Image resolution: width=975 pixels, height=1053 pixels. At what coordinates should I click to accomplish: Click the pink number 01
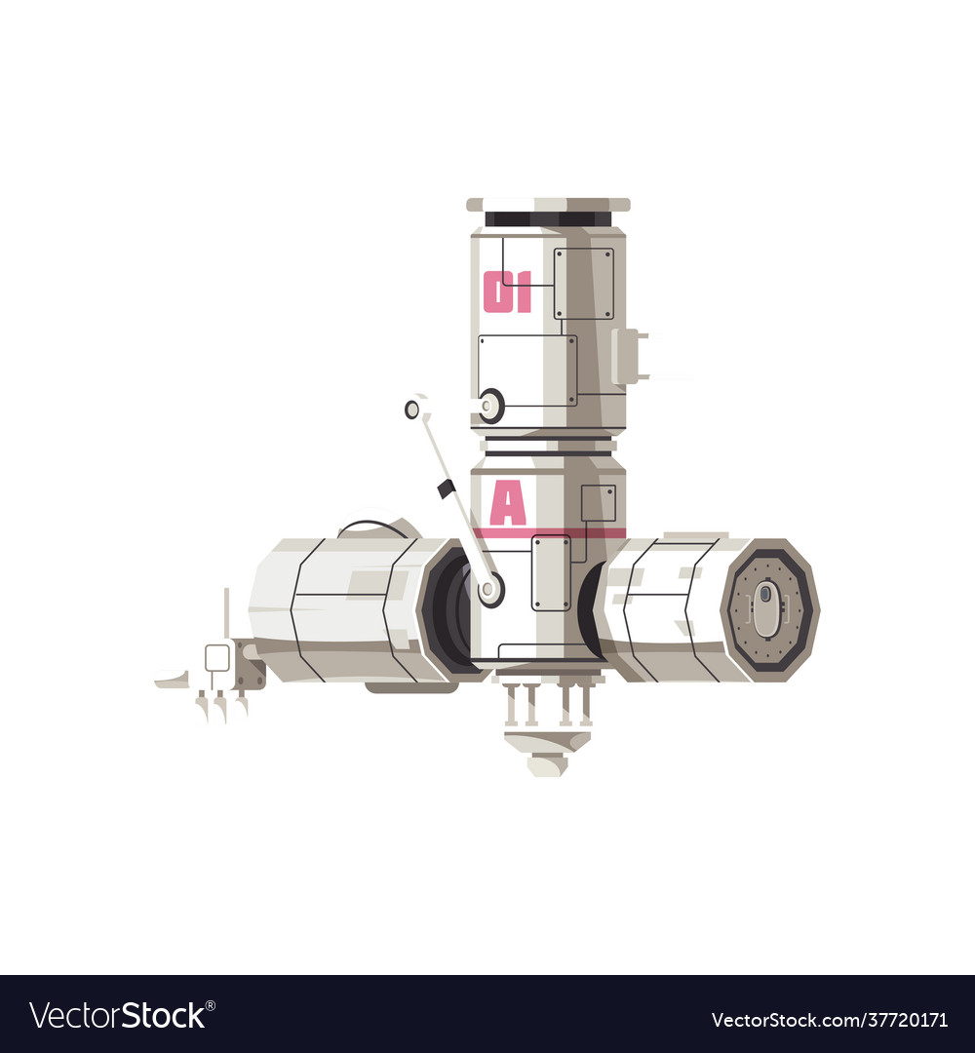tap(507, 292)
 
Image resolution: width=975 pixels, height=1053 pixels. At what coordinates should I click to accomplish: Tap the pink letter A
tap(507, 504)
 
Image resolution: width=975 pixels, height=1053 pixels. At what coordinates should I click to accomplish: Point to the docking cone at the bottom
tap(547, 747)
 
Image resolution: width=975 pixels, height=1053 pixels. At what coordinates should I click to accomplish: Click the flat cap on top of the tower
tap(548, 205)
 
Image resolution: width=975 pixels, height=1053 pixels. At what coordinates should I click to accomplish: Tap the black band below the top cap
tap(548, 219)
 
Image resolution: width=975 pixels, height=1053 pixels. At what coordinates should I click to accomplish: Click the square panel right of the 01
tap(584, 283)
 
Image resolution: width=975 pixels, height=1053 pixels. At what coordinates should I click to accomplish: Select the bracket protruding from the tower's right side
tap(629, 356)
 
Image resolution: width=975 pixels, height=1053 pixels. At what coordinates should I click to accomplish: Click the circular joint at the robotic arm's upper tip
tap(416, 408)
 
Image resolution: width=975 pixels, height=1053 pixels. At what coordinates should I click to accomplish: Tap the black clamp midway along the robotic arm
tap(447, 488)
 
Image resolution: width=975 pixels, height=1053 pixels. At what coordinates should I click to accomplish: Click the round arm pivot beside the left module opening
tap(488, 589)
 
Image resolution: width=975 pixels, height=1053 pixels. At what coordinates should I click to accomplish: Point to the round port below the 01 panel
tap(490, 404)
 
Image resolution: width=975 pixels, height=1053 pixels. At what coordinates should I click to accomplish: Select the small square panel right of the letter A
tap(598, 503)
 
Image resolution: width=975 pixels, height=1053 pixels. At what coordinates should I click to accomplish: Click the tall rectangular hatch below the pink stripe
tap(551, 573)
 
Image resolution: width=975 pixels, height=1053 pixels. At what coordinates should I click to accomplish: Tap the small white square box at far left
tap(217, 658)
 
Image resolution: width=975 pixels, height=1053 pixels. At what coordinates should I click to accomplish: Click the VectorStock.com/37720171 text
tap(830, 1020)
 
